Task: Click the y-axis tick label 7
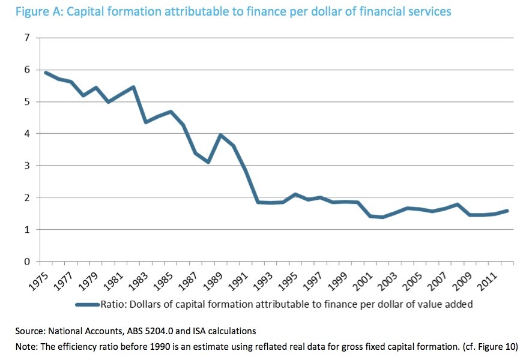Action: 26,38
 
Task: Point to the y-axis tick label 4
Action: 26,134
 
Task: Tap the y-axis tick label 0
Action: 26,262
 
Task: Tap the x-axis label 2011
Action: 493,277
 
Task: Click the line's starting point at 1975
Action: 46,73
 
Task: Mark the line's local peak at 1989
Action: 221,135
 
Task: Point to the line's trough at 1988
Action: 208,162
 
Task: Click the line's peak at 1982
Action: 133,87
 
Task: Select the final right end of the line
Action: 507,211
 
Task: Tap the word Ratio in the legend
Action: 114,304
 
